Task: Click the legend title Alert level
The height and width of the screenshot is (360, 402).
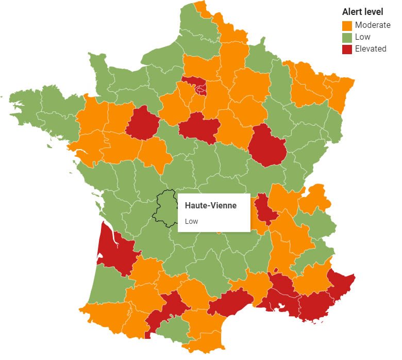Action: [362, 12]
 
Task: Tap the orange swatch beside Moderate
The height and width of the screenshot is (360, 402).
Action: [347, 25]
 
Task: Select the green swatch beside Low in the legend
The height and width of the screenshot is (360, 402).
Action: [347, 37]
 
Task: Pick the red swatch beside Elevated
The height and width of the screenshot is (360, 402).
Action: [347, 49]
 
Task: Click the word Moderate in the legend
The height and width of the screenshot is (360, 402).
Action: [373, 25]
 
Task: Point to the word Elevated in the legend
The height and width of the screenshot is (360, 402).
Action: [371, 49]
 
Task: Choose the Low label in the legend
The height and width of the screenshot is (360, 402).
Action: [362, 37]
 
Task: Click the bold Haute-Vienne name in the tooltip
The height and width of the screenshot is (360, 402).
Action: [211, 205]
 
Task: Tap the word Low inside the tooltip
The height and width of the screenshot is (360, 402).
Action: [191, 221]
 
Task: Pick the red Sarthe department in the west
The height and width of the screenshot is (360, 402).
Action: [142, 123]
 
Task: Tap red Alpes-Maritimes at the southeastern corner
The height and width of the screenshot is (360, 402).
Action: [340, 284]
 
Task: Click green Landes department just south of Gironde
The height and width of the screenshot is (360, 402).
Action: [106, 284]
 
